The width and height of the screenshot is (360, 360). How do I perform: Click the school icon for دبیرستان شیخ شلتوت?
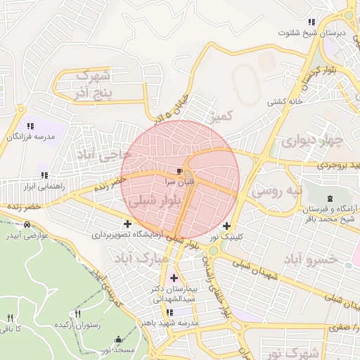click(x=311, y=22)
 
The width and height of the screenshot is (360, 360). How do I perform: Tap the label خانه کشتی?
click(x=285, y=101)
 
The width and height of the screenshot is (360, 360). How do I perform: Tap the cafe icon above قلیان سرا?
click(x=180, y=171)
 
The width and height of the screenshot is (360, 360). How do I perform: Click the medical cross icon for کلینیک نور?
click(x=226, y=226)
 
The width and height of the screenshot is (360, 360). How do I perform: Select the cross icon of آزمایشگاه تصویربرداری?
click(x=127, y=224)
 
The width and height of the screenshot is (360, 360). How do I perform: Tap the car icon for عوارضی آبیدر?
click(x=27, y=224)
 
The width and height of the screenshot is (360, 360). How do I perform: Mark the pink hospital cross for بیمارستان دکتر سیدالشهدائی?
click(x=174, y=278)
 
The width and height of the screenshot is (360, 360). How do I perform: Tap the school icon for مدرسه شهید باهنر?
click(x=169, y=313)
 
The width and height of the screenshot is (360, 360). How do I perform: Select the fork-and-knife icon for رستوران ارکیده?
click(x=78, y=314)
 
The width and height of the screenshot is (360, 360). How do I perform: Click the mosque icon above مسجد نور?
click(x=117, y=339)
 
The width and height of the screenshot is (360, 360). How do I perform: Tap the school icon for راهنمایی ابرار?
click(x=44, y=176)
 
